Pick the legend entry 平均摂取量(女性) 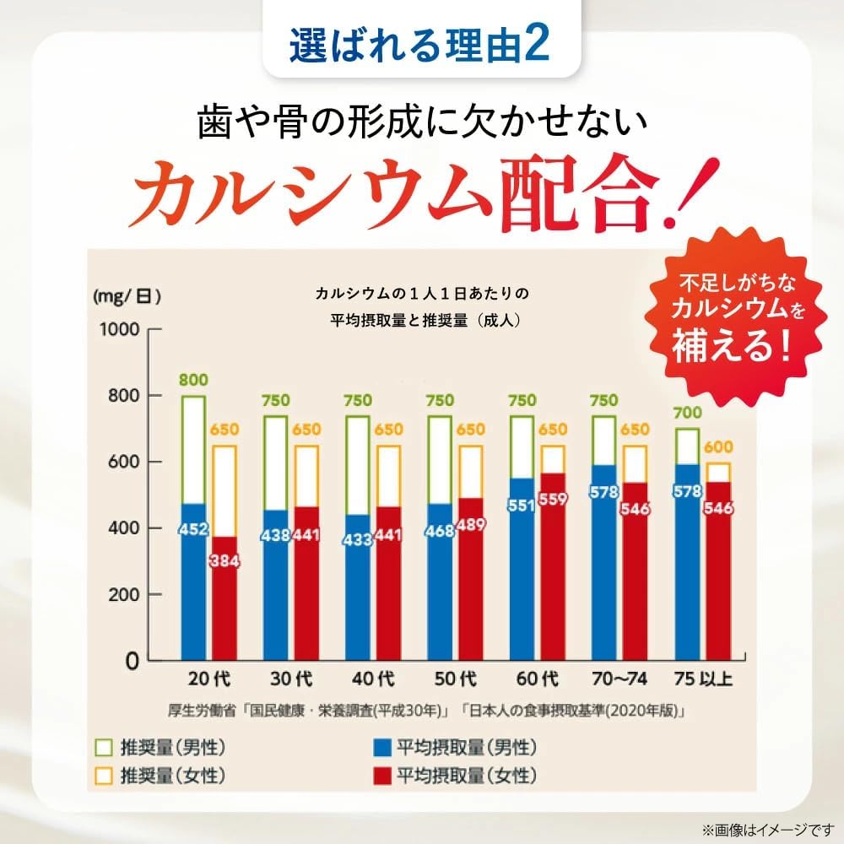click(455, 774)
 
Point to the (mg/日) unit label click(127, 296)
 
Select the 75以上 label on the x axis click(702, 679)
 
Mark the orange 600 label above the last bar click(719, 448)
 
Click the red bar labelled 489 click(472, 591)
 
